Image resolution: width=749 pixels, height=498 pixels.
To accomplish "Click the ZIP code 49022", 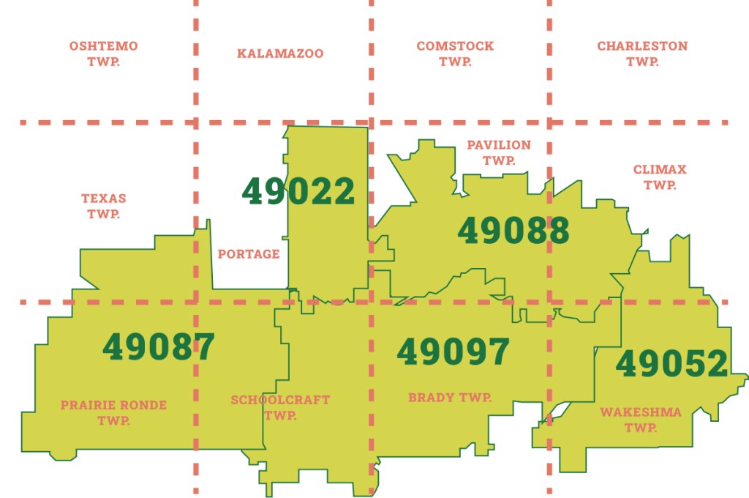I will (298, 192).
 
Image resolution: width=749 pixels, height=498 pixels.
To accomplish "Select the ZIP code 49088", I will (513, 231).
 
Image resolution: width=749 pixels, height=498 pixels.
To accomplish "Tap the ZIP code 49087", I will (159, 347).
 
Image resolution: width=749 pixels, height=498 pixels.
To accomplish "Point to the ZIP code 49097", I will (453, 352).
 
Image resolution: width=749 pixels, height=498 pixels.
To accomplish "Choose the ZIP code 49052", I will (671, 364).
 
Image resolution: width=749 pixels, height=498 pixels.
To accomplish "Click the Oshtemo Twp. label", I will (103, 53).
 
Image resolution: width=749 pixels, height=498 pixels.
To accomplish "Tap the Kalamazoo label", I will (280, 53).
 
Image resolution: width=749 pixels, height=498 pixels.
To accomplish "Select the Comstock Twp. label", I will (455, 53).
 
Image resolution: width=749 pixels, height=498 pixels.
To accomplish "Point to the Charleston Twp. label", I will (642, 53).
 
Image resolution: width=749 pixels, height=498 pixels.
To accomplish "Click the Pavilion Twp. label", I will (499, 152).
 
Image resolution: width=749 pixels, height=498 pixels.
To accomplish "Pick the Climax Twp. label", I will (660, 176).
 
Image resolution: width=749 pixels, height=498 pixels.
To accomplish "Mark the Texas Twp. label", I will (103, 206).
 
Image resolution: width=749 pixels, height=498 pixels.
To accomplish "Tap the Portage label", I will (249, 254).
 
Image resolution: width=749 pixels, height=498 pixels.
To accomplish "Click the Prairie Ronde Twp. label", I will (113, 412).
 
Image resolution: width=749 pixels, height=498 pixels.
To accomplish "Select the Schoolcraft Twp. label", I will (280, 407).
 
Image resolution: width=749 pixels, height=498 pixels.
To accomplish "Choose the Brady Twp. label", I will (450, 398).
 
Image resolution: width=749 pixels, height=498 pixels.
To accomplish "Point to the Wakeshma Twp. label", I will (641, 420).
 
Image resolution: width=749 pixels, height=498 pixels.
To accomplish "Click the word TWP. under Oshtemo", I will (103, 62).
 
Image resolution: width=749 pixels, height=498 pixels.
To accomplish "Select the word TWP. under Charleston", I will (642, 62).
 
